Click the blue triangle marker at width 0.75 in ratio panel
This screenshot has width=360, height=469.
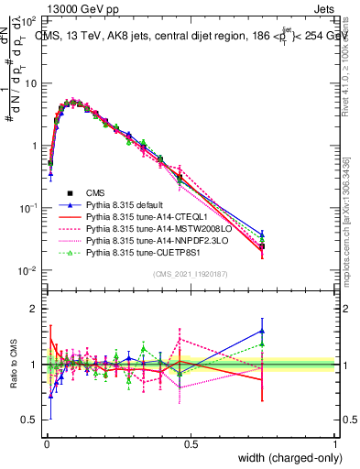point(263,332)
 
